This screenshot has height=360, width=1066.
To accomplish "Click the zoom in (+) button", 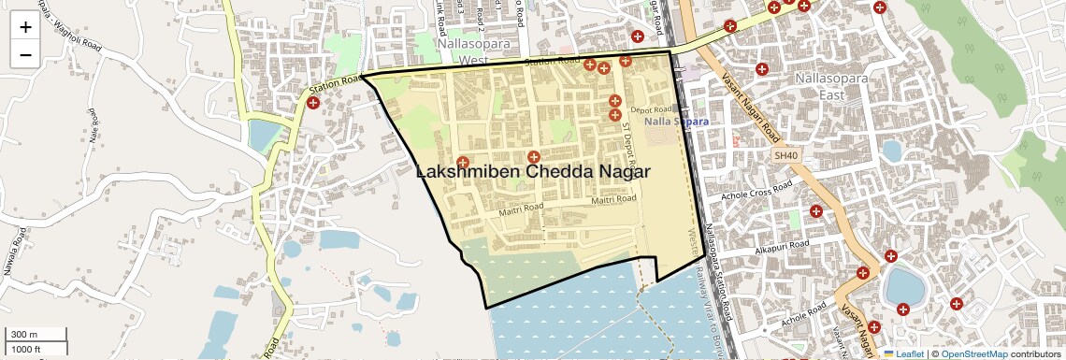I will point(25,27).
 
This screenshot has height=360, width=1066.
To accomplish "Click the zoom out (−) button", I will point(25,55).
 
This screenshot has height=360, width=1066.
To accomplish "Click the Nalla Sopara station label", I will point(676,122).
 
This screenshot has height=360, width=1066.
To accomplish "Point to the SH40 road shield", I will point(786,156).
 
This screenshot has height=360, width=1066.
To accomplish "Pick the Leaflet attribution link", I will point(903,353).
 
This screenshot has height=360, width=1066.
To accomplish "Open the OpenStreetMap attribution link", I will point(973,353).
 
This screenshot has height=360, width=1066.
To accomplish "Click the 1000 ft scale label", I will point(28,349).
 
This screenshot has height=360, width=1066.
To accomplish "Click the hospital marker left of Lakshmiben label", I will point(462,162).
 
